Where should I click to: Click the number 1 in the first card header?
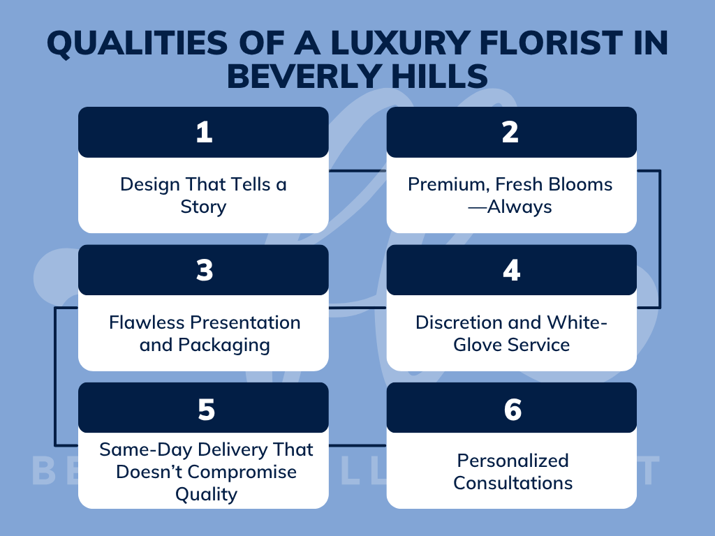click(204, 133)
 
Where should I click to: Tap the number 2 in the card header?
click(510, 133)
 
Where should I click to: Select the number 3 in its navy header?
click(204, 270)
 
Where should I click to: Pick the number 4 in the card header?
click(511, 270)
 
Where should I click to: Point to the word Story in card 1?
click(203, 207)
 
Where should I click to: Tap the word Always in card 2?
click(521, 207)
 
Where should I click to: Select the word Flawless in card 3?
click(147, 322)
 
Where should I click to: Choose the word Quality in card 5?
click(206, 494)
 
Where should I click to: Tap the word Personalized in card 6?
click(513, 461)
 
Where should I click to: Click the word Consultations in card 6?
click(513, 483)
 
